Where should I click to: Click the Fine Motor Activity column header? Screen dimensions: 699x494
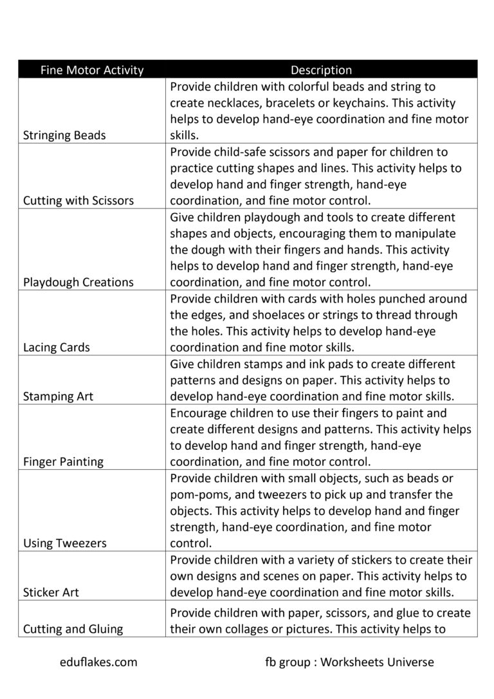(x=91, y=70)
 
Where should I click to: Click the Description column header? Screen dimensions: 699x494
(x=321, y=70)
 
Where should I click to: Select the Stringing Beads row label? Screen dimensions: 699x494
(x=64, y=135)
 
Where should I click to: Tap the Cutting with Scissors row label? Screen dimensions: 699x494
(x=78, y=200)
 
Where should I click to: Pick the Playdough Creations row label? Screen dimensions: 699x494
(x=78, y=282)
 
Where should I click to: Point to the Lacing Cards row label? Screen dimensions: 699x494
(x=57, y=348)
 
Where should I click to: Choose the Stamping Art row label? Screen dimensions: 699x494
(x=58, y=396)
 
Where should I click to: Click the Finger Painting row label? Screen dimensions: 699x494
(x=63, y=461)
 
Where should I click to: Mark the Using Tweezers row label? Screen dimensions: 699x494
(x=65, y=543)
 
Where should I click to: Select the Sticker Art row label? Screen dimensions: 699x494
(x=51, y=592)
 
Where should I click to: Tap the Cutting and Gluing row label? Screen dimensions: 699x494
(x=73, y=629)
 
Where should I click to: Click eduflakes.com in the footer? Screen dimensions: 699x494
(x=97, y=662)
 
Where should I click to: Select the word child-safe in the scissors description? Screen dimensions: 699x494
(x=244, y=152)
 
